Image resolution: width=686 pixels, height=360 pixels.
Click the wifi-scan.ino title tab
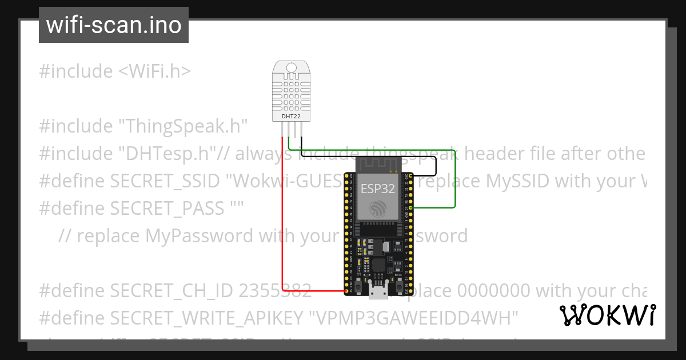(x=114, y=25)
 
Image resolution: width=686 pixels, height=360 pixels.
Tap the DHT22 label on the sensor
(x=292, y=117)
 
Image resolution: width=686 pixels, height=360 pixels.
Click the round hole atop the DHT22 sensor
(x=292, y=68)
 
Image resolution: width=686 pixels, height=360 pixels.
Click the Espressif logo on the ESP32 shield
(x=377, y=209)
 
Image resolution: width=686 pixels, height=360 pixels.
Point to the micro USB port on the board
(x=377, y=293)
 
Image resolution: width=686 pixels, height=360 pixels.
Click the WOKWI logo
(x=608, y=315)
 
